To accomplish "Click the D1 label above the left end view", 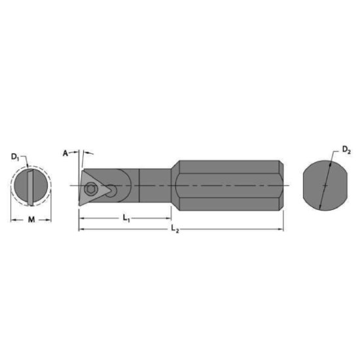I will pos(14,156).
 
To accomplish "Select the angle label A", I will pos(65,153).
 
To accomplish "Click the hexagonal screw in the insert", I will pos(92,188).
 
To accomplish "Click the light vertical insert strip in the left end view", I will pos(30,187).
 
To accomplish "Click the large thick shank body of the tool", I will pos(229,186).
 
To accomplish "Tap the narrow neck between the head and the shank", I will pos(156,186).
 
